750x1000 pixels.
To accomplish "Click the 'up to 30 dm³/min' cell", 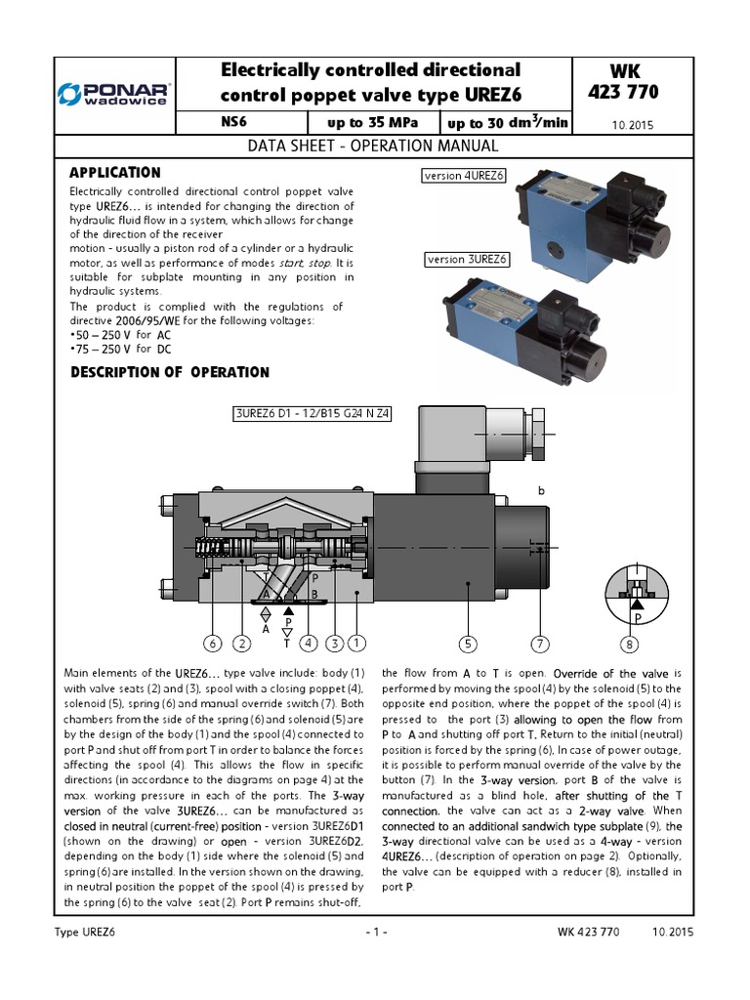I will (508, 124).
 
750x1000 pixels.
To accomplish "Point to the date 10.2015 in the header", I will (633, 125).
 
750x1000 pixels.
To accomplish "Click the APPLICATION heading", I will (115, 172).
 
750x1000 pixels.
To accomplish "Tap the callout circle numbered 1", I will (356, 643).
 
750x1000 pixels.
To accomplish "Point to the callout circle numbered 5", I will (469, 643).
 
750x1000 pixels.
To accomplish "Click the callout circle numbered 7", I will (540, 643).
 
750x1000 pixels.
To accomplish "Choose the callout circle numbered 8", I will (631, 644).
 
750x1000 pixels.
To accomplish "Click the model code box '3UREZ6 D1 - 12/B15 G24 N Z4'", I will (312, 413).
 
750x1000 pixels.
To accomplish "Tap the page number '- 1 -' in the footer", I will (375, 932).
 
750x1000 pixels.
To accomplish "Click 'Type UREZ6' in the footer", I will (89, 932).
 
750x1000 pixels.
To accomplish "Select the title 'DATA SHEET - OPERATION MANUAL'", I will (374, 146).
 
